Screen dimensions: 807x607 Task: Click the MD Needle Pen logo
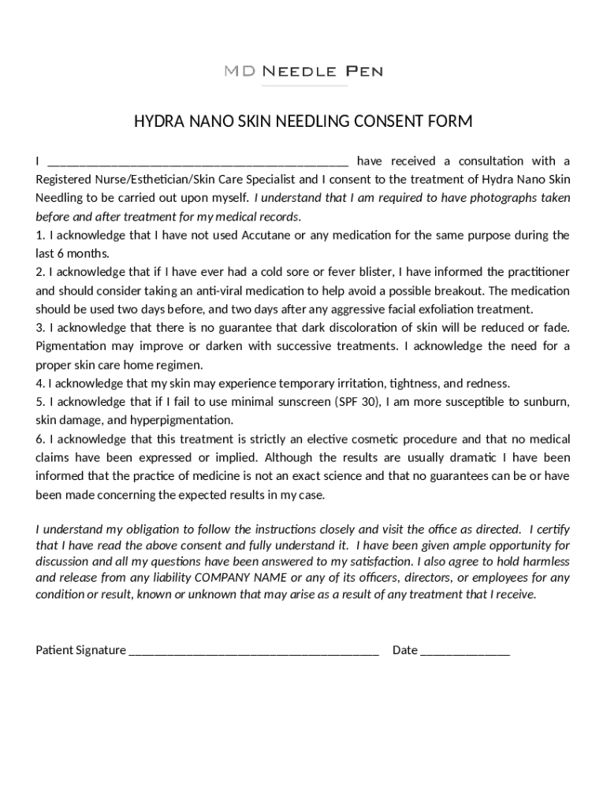[303, 72]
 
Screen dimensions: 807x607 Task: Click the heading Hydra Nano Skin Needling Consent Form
[303, 121]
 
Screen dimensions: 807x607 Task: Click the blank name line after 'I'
[198, 163]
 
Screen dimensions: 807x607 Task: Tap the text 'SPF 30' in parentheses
[358, 402]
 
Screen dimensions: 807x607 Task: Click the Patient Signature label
[80, 650]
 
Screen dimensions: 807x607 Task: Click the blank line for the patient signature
[253, 652]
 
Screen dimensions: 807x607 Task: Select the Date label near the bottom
[404, 650]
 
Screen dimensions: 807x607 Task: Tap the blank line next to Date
[465, 652]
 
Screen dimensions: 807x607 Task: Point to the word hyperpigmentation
[181, 420]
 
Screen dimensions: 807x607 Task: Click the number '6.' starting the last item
[40, 439]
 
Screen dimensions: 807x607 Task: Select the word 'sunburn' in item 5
[545, 402]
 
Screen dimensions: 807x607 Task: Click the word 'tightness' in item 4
[412, 384]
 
